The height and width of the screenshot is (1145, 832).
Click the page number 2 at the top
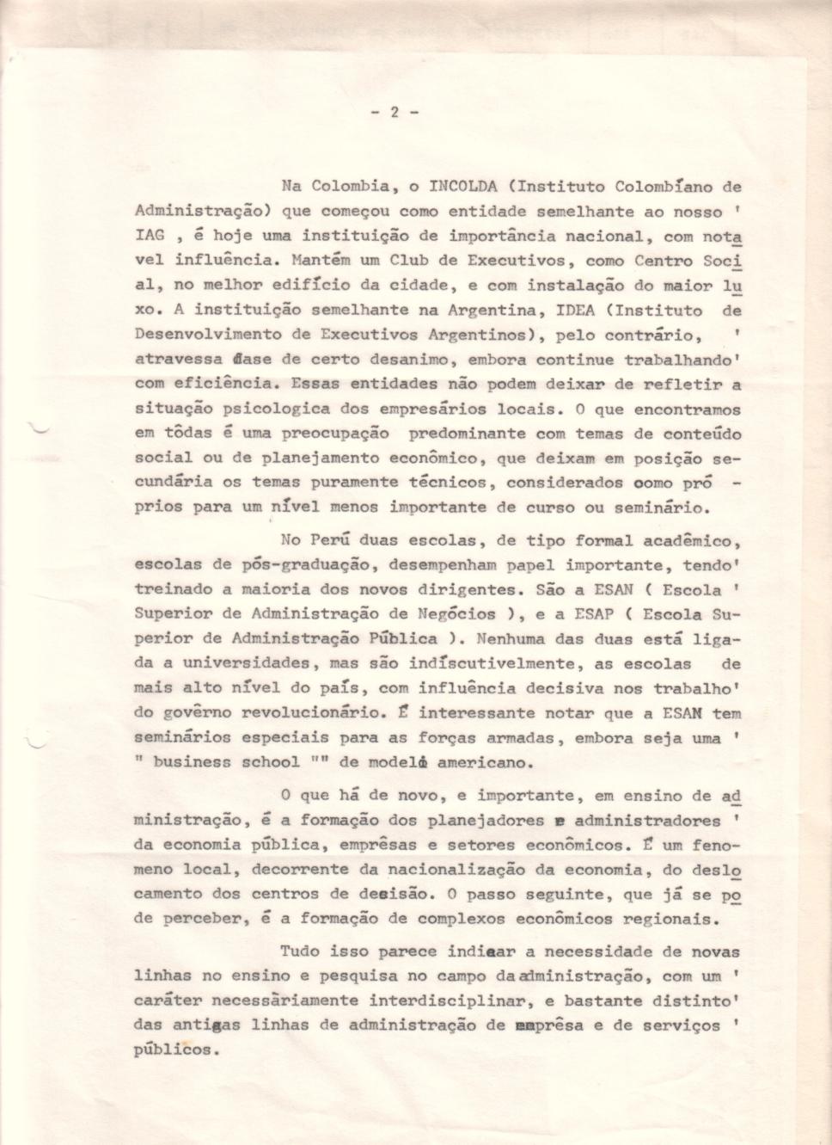click(395, 112)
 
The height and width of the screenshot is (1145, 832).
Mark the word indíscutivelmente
click(503, 664)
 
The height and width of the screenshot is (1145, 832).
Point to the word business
click(192, 762)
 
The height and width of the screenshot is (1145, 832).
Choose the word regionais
click(672, 919)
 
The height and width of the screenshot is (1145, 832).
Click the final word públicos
click(174, 1050)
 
